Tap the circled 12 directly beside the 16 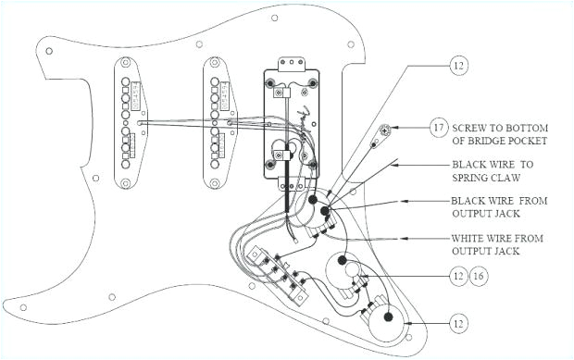pos(460,277)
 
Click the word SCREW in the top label pos(473,125)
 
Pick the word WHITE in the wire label pos(472,238)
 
